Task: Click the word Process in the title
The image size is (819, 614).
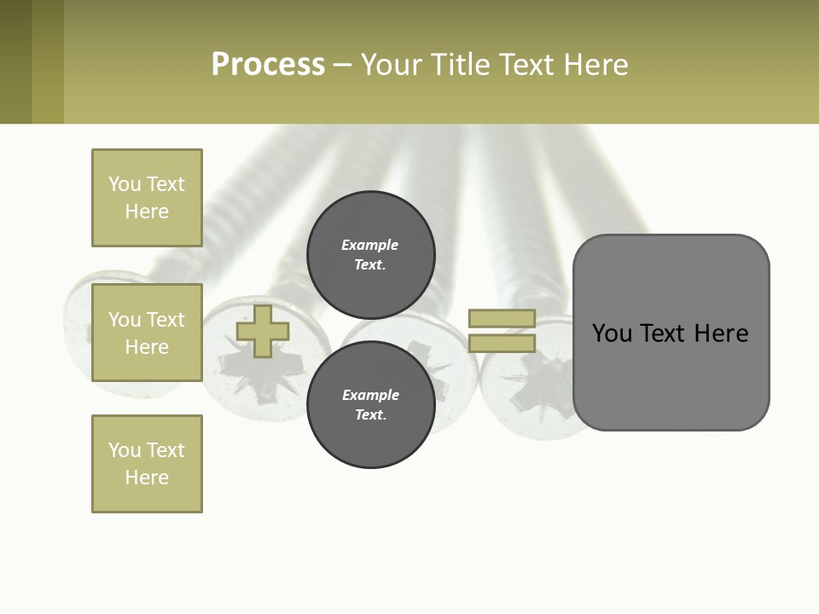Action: coord(268,65)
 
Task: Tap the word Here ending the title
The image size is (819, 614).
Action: coord(595,65)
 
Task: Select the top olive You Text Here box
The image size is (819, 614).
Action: coord(147,198)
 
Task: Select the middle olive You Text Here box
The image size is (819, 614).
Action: coord(147,333)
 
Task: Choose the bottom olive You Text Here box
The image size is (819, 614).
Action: coord(147,464)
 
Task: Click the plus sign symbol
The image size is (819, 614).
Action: coord(262,332)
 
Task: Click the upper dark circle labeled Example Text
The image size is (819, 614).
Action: coord(370,255)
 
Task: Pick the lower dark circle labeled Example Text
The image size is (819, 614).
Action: coord(370,405)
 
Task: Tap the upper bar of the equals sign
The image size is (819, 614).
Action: coord(502,319)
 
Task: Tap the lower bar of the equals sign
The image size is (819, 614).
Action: coord(502,344)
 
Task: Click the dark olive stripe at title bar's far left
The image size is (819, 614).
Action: coord(15,61)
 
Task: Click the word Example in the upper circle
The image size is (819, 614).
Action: coord(370,245)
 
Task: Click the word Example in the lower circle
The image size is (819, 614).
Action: coord(370,395)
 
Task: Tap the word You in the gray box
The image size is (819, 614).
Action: coord(612,333)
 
